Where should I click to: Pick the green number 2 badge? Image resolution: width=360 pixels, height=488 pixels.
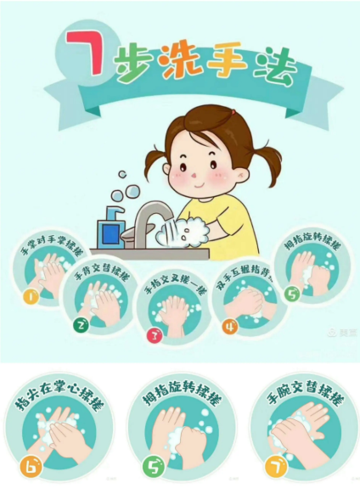coord(81,324)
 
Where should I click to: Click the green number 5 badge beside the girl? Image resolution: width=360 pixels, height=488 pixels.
coord(292,296)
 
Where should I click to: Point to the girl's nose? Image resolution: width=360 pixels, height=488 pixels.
coord(195,174)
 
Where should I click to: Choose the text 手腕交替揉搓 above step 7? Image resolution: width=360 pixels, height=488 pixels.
coord(301,392)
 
